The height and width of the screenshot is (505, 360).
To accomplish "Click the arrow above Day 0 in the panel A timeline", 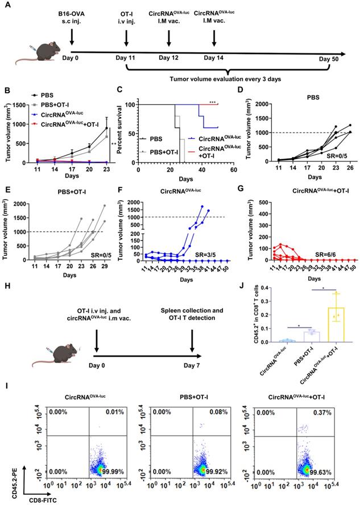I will (72, 38).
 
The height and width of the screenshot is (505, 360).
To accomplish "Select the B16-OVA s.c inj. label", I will (72, 15).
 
